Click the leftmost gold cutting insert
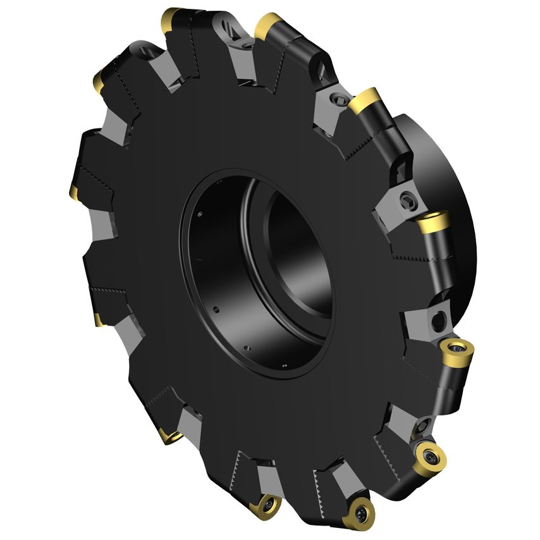tap(72, 190)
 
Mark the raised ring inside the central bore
tap(253, 253)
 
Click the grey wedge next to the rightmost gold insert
tap(436, 320)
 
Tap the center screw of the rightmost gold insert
tap(454, 347)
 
